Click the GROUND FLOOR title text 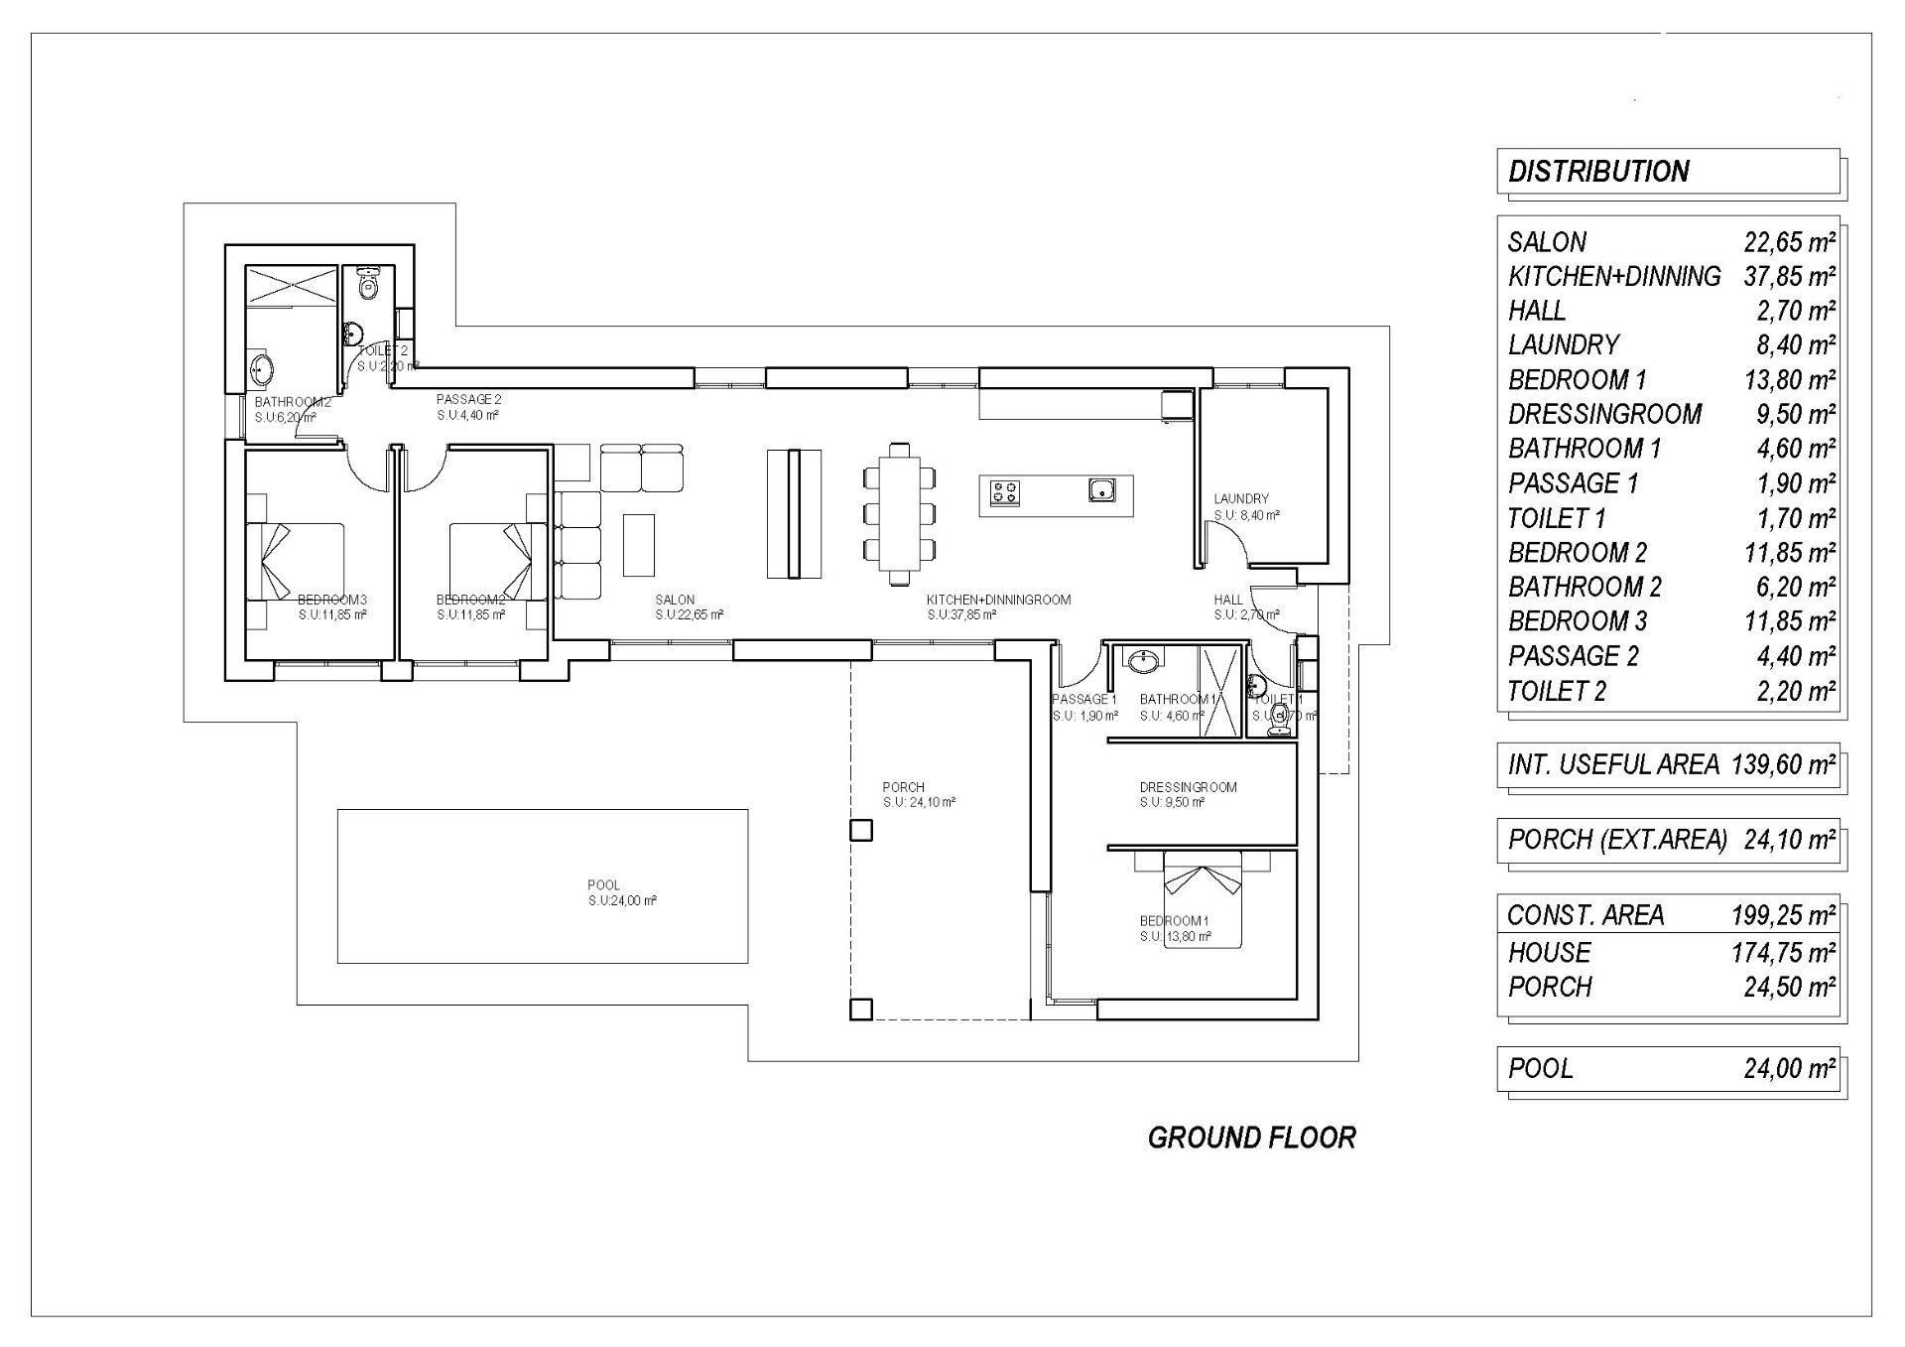(1251, 1138)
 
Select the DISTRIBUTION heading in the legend (1598, 172)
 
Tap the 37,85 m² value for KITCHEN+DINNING (1789, 276)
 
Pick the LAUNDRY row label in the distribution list (1564, 344)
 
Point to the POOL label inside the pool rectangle (603, 884)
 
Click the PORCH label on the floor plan (903, 787)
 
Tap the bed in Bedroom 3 (295, 562)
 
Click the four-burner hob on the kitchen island (1004, 492)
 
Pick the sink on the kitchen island (1100, 489)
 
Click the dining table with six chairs (900, 513)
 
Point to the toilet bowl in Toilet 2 (369, 286)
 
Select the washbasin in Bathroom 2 (261, 370)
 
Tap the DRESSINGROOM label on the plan (1188, 787)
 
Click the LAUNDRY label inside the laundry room (1240, 498)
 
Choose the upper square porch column (861, 830)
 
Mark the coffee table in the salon (639, 544)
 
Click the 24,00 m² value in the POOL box (1789, 1068)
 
